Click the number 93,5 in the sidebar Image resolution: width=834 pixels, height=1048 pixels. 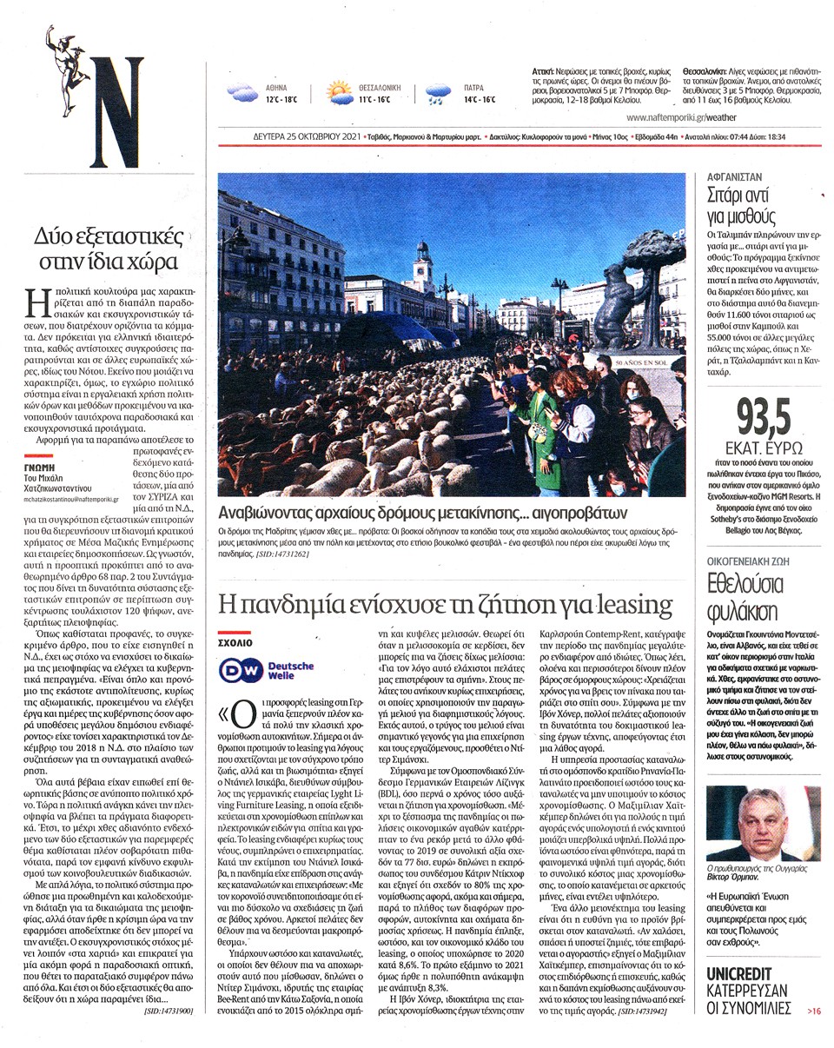click(x=764, y=419)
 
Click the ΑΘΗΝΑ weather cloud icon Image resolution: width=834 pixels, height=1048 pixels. click(x=242, y=93)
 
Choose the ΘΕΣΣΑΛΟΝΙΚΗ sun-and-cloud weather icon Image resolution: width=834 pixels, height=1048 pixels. click(x=339, y=92)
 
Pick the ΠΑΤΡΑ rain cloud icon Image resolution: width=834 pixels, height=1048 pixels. click(x=439, y=93)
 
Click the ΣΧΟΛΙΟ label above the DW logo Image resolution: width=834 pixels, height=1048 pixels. click(x=235, y=644)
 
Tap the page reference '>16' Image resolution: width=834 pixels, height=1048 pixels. click(x=813, y=1011)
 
